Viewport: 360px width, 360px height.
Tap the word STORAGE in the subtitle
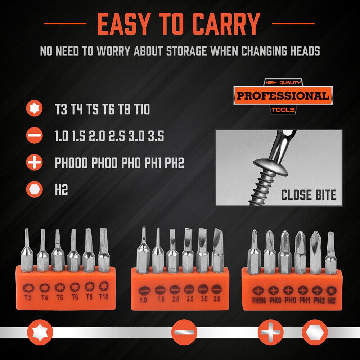click(x=186, y=51)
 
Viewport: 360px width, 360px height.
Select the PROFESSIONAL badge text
click(x=283, y=95)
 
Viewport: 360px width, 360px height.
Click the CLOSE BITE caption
click(x=309, y=195)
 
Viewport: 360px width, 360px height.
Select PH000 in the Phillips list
click(x=71, y=163)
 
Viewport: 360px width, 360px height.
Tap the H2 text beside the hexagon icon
click(x=61, y=190)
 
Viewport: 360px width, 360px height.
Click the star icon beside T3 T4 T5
click(x=34, y=108)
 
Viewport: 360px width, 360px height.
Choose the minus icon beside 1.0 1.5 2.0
click(x=34, y=135)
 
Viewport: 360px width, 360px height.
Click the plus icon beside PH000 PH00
click(x=34, y=162)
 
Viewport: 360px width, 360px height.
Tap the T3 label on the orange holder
click(x=28, y=298)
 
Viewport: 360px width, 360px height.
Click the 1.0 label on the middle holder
click(x=143, y=300)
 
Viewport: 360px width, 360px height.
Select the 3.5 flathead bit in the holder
click(x=217, y=250)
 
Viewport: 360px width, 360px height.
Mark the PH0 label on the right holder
click(x=290, y=300)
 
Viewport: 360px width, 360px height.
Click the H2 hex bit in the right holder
click(x=330, y=253)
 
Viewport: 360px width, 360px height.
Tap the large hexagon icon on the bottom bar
click(x=314, y=332)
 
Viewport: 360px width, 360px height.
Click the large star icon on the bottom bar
click(x=40, y=332)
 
